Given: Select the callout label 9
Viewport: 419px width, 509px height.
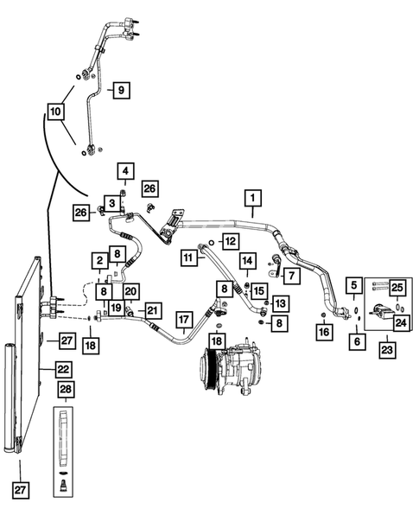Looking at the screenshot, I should (120, 89).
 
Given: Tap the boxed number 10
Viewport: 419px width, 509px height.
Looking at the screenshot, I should (55, 111).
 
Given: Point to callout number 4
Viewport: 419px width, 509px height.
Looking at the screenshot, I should (124, 170).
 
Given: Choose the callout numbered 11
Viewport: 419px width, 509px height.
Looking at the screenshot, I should (187, 258).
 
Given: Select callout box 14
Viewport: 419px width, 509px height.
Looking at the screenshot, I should (247, 260).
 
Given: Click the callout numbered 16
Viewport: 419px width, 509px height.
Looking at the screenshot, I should (324, 331).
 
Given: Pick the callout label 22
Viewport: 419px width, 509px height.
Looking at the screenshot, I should (64, 369).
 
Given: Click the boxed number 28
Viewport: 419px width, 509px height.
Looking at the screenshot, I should (65, 391).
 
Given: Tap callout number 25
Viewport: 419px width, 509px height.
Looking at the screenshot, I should (397, 288).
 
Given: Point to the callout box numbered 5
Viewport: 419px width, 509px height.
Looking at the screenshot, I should (354, 284).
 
